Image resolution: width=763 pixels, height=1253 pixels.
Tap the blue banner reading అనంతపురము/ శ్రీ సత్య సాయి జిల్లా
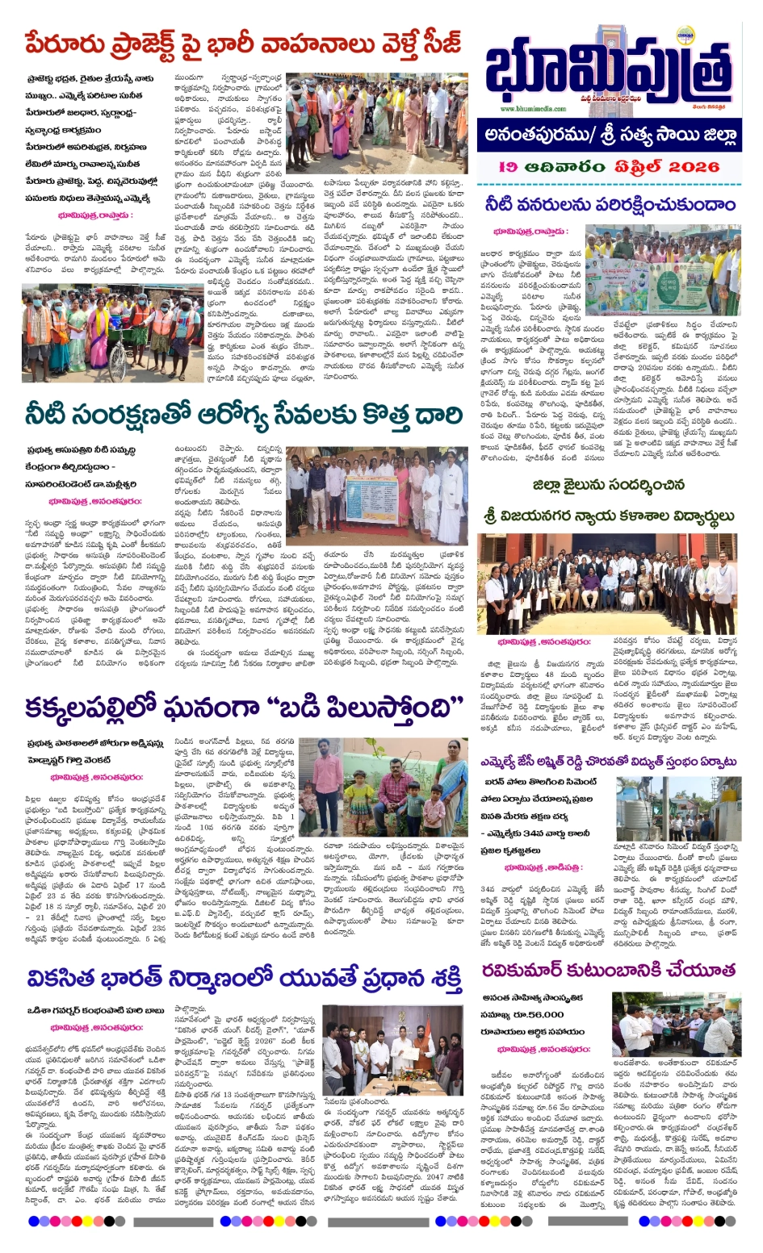pos(611,135)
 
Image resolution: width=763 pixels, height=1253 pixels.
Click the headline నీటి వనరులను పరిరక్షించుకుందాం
pos(610,205)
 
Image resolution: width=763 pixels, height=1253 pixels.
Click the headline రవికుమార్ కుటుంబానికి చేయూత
pos(609,969)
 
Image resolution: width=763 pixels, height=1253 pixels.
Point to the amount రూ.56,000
pos(536,1014)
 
